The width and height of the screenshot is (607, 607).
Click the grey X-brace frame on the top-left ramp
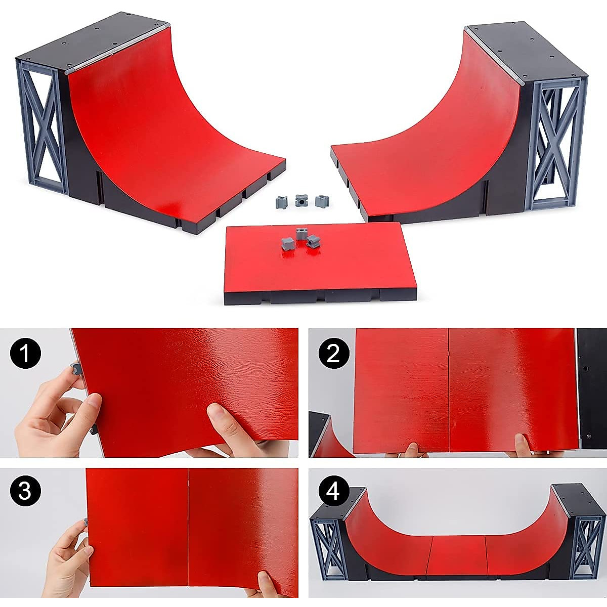point(43,126)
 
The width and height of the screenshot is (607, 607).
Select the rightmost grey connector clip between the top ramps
point(320,201)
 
